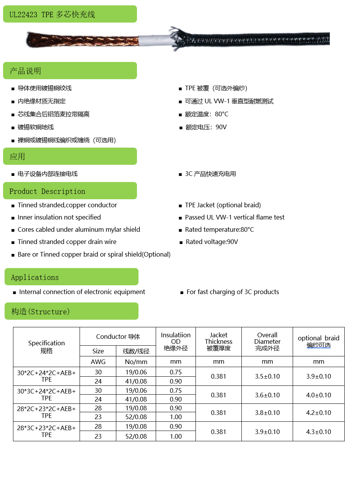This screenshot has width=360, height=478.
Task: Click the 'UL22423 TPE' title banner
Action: [x=70, y=14]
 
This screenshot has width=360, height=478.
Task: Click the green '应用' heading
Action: [x=70, y=156]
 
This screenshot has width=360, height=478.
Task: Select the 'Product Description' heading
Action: [x=70, y=191]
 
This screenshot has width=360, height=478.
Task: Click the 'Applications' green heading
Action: [x=71, y=277]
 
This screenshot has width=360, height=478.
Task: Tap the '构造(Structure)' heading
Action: [x=71, y=311]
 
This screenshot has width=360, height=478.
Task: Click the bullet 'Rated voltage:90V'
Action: [x=212, y=242]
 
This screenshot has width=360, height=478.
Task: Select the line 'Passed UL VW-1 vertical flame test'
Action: [x=235, y=217]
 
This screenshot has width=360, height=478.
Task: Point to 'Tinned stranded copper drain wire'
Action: [x=67, y=242]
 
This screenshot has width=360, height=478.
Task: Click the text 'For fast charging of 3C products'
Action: [x=233, y=292]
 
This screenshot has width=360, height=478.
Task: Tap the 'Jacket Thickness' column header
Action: [x=218, y=341]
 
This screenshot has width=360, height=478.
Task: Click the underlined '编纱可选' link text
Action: [x=318, y=345]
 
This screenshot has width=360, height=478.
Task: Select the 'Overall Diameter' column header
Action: [x=267, y=341]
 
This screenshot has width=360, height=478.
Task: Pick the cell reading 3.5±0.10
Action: [x=267, y=376]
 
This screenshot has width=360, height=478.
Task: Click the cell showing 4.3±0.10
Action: [x=318, y=432]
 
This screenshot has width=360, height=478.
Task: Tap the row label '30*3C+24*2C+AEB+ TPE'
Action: [x=46, y=395]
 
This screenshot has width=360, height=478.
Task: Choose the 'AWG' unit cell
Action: [x=98, y=361]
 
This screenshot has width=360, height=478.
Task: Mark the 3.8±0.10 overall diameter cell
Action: [x=267, y=413]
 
